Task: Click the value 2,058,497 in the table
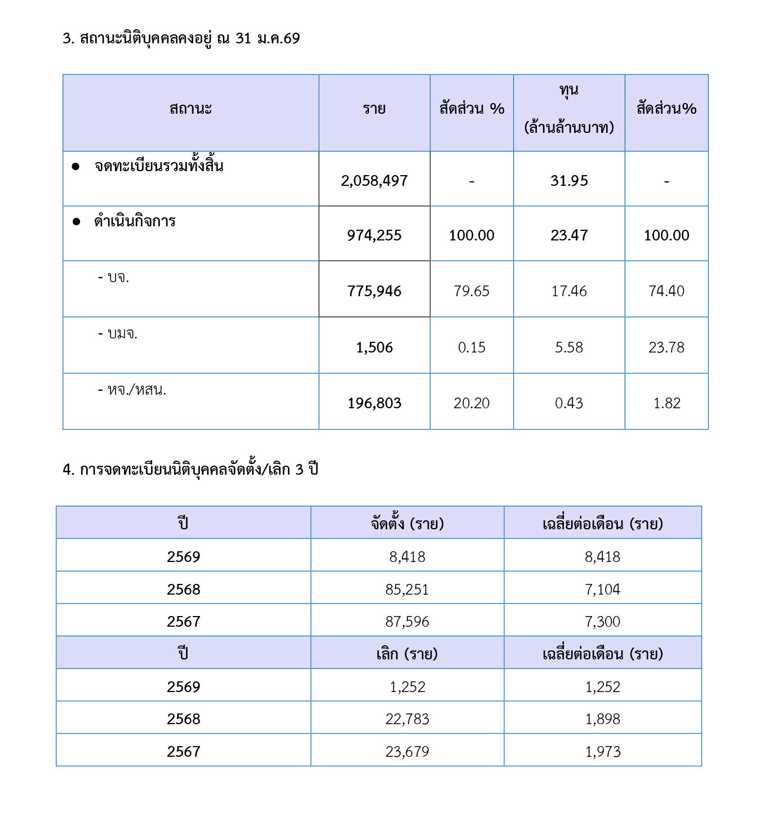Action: point(374,181)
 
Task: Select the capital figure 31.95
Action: point(569,181)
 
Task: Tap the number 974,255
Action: point(374,235)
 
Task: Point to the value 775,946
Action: point(374,291)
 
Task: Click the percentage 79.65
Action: point(472,291)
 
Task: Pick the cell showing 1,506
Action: point(374,347)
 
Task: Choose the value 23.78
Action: point(666,347)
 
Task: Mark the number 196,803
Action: point(374,403)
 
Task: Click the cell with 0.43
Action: point(569,403)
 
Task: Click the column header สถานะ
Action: point(190,109)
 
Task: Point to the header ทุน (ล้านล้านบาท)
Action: point(569,109)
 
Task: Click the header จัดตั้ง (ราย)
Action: point(407,524)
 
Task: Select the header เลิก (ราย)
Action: point(407,654)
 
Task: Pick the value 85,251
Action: point(407,590)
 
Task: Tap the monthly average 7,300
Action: point(603,622)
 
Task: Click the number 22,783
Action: point(407,719)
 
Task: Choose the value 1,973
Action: point(603,752)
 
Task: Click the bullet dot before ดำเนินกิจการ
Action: point(76,221)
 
